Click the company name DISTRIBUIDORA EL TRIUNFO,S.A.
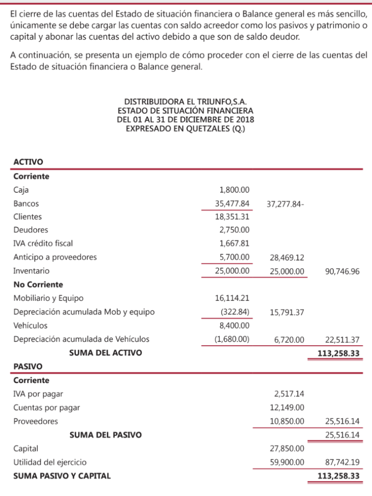[x=186, y=102]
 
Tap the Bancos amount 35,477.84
[x=232, y=204]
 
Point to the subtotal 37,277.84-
[x=285, y=204]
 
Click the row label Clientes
[x=28, y=217]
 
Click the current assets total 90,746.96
[x=342, y=271]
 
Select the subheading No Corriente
[x=38, y=284]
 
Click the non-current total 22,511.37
[x=342, y=340]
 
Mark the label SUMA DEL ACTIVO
[x=105, y=353]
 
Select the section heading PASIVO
[x=28, y=367]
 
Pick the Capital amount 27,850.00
[x=287, y=449]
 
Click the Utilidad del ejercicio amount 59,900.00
[x=287, y=463]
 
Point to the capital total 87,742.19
[x=342, y=463]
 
